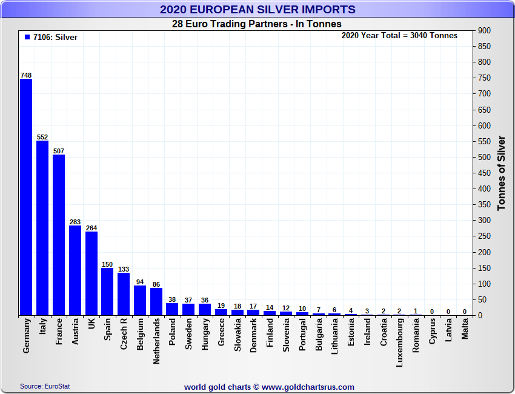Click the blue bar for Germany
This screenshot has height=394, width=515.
[26, 197]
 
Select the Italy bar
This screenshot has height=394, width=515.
[42, 228]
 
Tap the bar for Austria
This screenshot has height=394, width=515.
[75, 270]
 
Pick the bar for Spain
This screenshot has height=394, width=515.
[107, 292]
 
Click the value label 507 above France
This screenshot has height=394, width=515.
[59, 151]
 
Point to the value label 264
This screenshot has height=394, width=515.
[91, 228]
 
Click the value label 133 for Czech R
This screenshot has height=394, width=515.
[124, 269]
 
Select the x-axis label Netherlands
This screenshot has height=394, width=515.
[156, 341]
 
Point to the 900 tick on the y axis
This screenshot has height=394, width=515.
[484, 30]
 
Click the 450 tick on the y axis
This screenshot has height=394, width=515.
[484, 173]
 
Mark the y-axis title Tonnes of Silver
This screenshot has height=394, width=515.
[501, 173]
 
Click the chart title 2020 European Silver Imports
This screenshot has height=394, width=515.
[257, 10]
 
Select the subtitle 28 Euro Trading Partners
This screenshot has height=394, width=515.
[257, 24]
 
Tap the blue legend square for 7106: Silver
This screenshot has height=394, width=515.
[27, 37]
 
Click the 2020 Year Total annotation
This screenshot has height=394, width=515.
[399, 36]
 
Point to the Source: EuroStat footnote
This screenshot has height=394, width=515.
[45, 386]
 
